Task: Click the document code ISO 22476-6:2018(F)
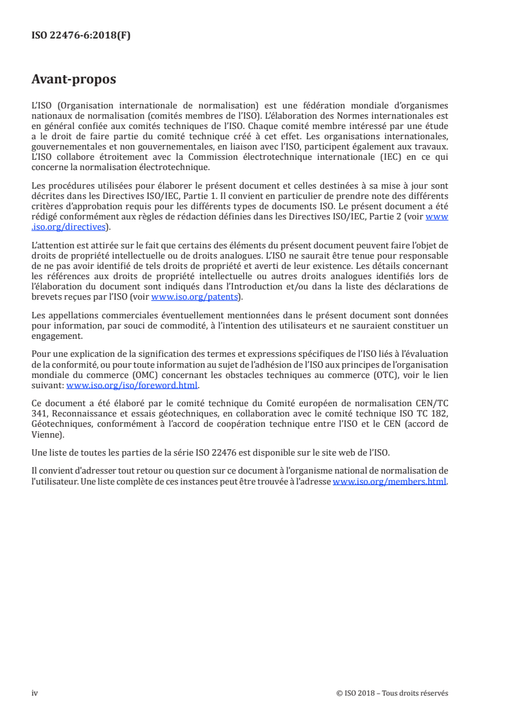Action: [x=81, y=36]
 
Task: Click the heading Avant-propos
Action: [x=74, y=80]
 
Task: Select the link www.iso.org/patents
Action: [x=194, y=297]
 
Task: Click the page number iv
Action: [x=35, y=693]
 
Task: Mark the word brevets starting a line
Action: [x=45, y=297]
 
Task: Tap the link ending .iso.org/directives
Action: [x=69, y=226]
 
